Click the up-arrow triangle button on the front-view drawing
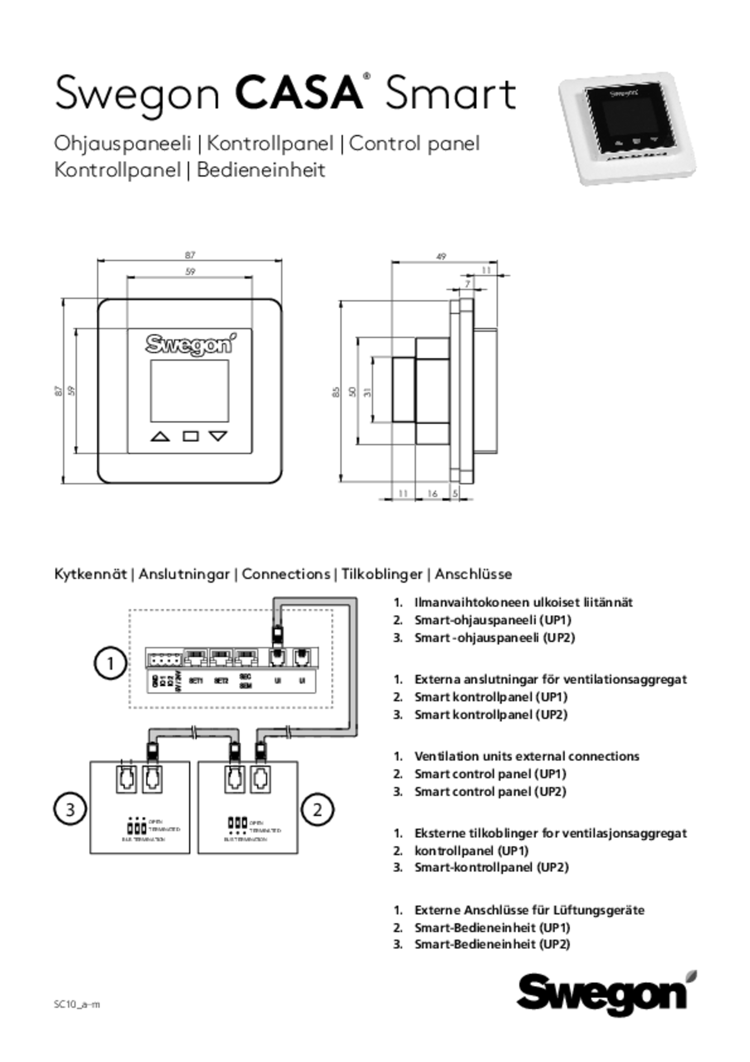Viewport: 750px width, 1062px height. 160,437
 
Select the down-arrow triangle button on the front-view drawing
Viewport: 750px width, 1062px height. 218,436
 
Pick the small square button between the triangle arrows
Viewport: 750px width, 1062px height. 190,436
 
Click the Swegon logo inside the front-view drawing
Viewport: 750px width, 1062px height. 190,345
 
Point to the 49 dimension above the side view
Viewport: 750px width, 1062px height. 441,257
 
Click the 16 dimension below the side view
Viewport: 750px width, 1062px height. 432,493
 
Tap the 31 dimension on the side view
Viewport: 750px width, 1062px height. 367,391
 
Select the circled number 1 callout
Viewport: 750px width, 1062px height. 111,663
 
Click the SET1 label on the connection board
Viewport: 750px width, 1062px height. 195,681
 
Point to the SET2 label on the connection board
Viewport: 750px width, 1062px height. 221,681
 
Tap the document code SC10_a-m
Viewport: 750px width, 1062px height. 77,1004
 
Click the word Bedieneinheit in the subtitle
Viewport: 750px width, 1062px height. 261,170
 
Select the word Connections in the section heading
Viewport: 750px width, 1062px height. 286,574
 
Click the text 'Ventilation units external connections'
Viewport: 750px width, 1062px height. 526,756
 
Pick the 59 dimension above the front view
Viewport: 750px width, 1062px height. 190,272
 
